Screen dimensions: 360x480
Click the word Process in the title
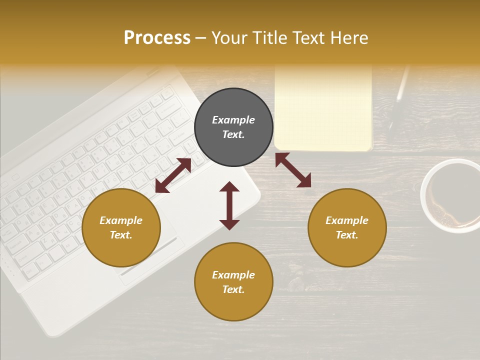[157, 38]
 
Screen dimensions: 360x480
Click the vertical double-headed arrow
[229, 205]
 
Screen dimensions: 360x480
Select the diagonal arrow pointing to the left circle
[173, 175]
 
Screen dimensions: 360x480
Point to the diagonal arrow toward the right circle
[293, 170]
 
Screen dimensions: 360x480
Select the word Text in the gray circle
[233, 134]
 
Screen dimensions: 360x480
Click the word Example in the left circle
[121, 220]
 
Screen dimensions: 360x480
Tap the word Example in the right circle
[347, 220]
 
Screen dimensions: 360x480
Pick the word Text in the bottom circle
[233, 289]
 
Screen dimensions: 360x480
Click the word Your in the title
[227, 38]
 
